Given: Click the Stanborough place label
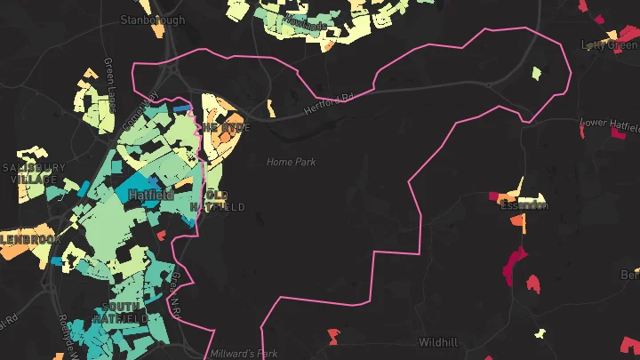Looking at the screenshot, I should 153,19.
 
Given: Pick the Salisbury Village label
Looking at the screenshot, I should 34,172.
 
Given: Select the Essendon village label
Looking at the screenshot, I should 524,205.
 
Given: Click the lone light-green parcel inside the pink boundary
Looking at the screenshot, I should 535,72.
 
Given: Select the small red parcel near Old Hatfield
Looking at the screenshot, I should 161,236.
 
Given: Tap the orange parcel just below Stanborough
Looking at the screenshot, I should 157,30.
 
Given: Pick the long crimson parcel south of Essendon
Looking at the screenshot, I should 513,265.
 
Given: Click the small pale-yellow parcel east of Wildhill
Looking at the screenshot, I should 539,333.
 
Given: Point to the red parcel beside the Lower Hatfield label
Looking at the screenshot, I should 582,132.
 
